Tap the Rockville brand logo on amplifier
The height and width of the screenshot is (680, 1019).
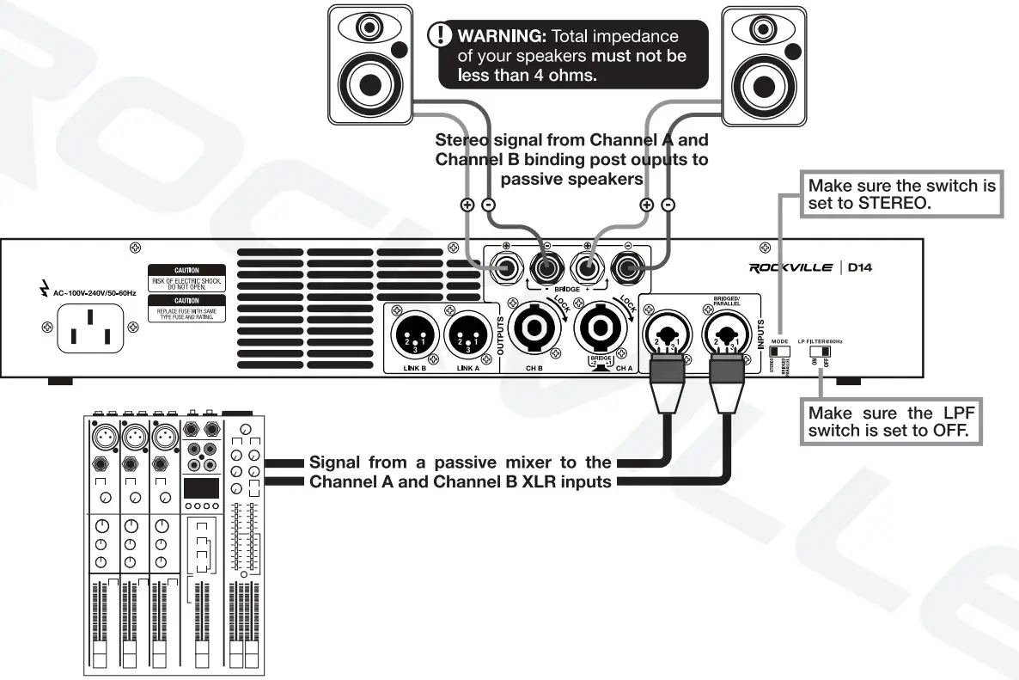coord(790,267)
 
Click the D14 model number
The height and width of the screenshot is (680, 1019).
coord(860,267)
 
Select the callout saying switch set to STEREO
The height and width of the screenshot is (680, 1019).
coord(900,195)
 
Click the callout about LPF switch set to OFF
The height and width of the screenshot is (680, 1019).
coord(894,421)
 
